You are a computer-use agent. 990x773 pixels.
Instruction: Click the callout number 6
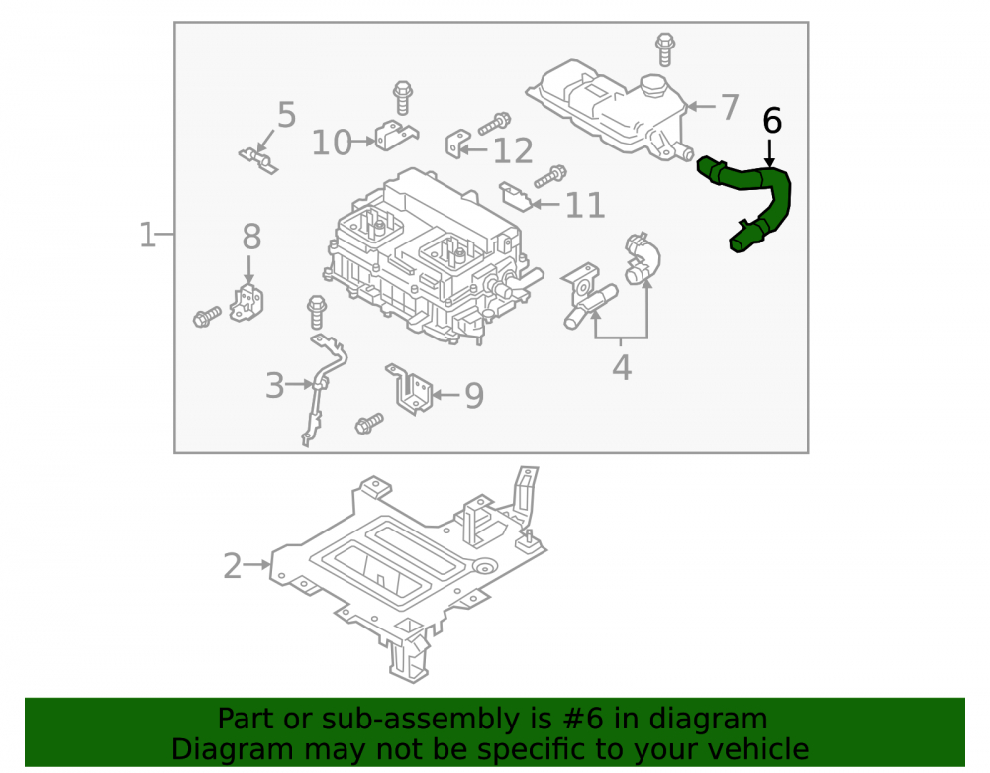coord(772,121)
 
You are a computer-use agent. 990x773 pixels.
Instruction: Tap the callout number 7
coord(730,107)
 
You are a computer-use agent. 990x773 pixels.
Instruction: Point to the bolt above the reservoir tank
coord(664,49)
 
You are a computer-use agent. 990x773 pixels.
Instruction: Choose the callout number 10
coord(332,143)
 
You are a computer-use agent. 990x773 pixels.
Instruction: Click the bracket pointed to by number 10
coord(396,136)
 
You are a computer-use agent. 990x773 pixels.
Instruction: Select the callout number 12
coord(513,151)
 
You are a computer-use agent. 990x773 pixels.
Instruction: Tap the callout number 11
coord(585,205)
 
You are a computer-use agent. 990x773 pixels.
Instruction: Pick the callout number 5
coord(287,115)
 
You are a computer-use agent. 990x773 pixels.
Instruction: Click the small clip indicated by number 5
coord(258,160)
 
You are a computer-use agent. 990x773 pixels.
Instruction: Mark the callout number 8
coord(251,237)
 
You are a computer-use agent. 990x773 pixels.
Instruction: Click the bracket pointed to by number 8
coord(247,303)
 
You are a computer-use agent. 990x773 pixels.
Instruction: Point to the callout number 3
coord(275,386)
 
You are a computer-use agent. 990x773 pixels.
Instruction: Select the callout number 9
coord(474,396)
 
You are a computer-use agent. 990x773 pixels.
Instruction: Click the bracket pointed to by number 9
coord(409,388)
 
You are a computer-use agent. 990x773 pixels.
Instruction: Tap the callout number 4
coord(622,368)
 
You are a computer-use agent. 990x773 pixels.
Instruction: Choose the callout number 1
coord(148,235)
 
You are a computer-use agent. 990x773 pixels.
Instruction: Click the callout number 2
coord(233,566)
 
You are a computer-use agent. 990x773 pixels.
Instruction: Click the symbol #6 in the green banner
coord(583,719)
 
